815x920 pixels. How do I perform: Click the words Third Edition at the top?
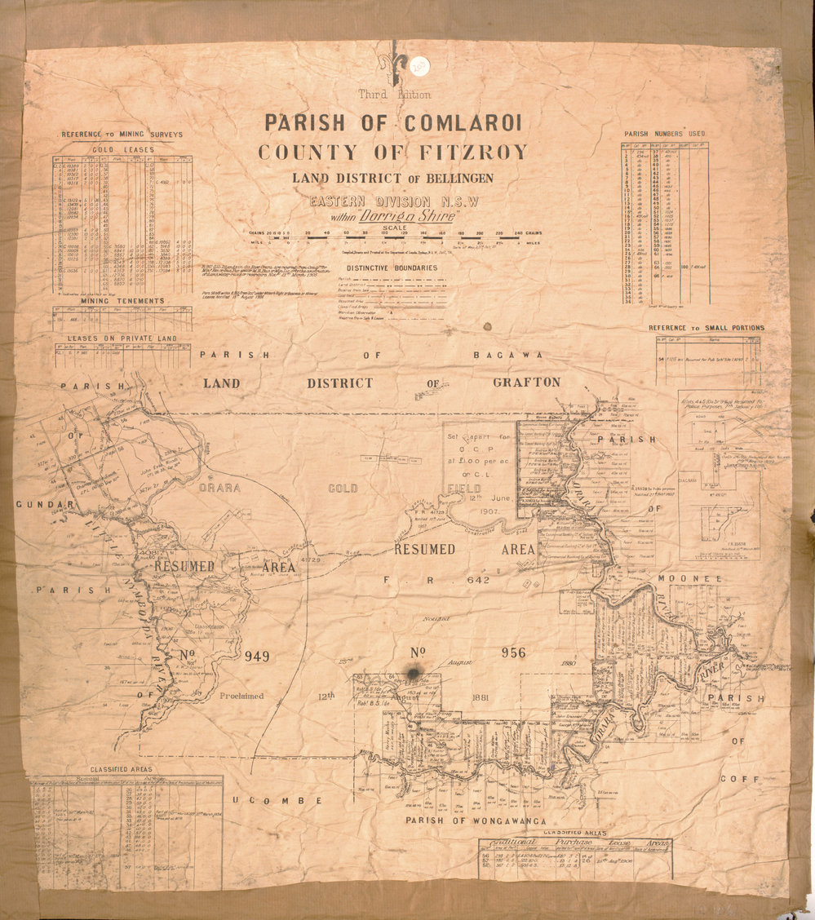point(394,95)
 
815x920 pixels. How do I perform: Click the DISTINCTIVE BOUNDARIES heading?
point(392,268)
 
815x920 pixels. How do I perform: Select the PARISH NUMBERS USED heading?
point(665,134)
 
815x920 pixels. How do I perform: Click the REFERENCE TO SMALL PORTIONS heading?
point(706,328)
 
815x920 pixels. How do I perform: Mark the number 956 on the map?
point(514,652)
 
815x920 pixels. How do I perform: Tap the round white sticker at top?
point(422,64)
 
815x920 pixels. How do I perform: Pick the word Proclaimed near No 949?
point(241,696)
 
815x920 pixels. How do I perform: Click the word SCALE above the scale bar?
point(394,228)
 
